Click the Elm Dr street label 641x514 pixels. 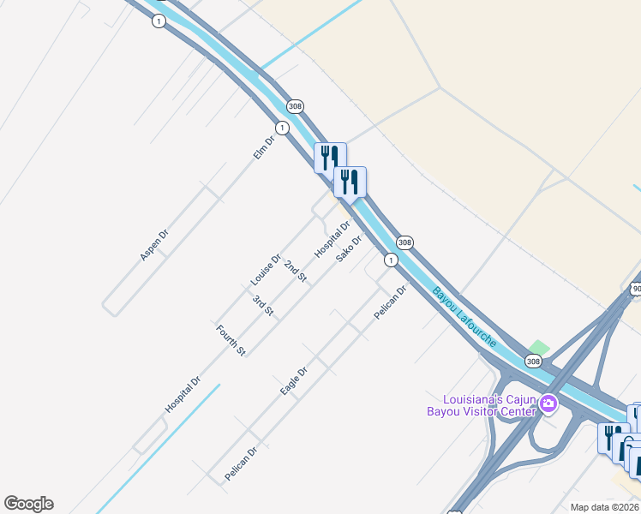click(263, 147)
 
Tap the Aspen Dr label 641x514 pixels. click(154, 244)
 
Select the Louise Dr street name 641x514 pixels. click(266, 270)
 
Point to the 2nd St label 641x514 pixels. click(296, 271)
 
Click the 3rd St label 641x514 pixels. click(263, 305)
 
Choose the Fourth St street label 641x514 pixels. click(231, 340)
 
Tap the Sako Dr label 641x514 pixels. click(350, 248)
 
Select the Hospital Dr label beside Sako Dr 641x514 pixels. click(332, 239)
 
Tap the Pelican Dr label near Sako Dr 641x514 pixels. click(389, 303)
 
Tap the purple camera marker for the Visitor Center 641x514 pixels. click(548, 403)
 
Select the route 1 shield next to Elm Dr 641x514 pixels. click(282, 128)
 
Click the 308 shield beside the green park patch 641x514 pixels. click(533, 362)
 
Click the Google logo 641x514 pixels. click(28, 504)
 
